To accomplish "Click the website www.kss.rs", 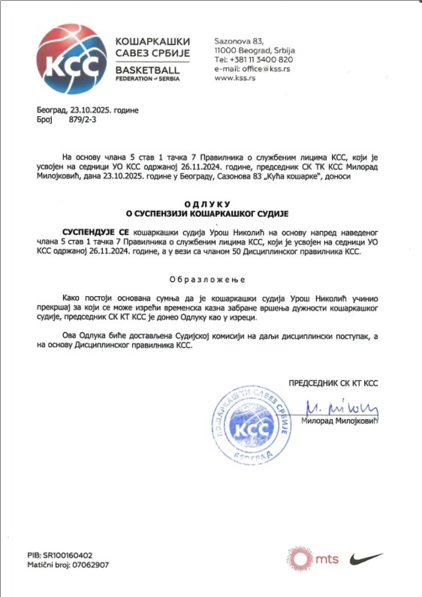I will click(234, 78).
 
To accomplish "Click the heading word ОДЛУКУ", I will click(208, 204).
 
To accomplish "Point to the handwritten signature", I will click(342, 409).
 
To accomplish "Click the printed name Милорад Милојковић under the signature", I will click(339, 421).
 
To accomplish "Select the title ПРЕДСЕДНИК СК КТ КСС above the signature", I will click(333, 383).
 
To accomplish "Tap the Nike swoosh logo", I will click(366, 558).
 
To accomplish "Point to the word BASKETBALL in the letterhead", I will click(147, 70).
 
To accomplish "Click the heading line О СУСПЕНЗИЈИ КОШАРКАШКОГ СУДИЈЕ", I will click(208, 214).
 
